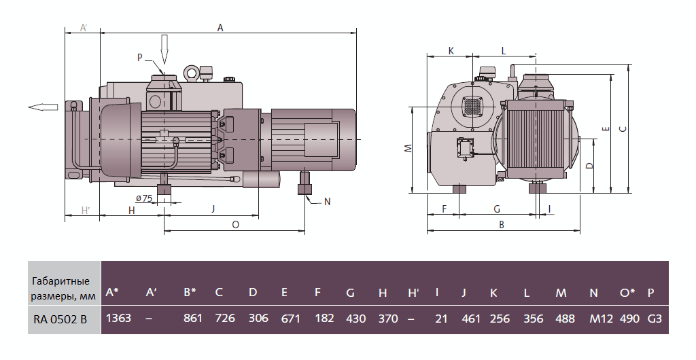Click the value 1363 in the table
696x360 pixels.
[119, 318]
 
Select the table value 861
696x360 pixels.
[194, 318]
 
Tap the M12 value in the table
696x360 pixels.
[594, 318]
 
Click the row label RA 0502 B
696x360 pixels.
[61, 318]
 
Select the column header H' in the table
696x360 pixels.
[413, 293]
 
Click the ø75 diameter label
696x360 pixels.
[143, 198]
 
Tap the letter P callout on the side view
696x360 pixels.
[140, 58]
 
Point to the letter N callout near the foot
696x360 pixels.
[327, 202]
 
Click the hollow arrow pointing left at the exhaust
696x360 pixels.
[43, 107]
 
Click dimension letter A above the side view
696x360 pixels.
[220, 28]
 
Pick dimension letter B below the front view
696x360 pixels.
[502, 225]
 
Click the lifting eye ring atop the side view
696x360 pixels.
[191, 71]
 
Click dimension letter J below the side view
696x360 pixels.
[213, 209]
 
